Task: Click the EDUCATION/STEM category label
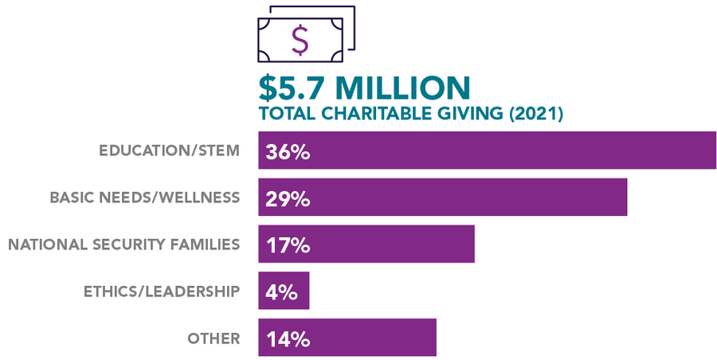click(169, 151)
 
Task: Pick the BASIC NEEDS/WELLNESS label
click(144, 197)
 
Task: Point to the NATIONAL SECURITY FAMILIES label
click(123, 244)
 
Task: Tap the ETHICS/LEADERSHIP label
click(161, 291)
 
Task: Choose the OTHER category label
click(214, 338)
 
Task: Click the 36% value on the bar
click(288, 151)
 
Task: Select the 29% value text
click(288, 198)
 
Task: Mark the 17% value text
click(288, 245)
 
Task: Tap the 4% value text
click(281, 292)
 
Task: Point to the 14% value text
click(288, 338)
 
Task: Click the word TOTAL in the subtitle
click(284, 114)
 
